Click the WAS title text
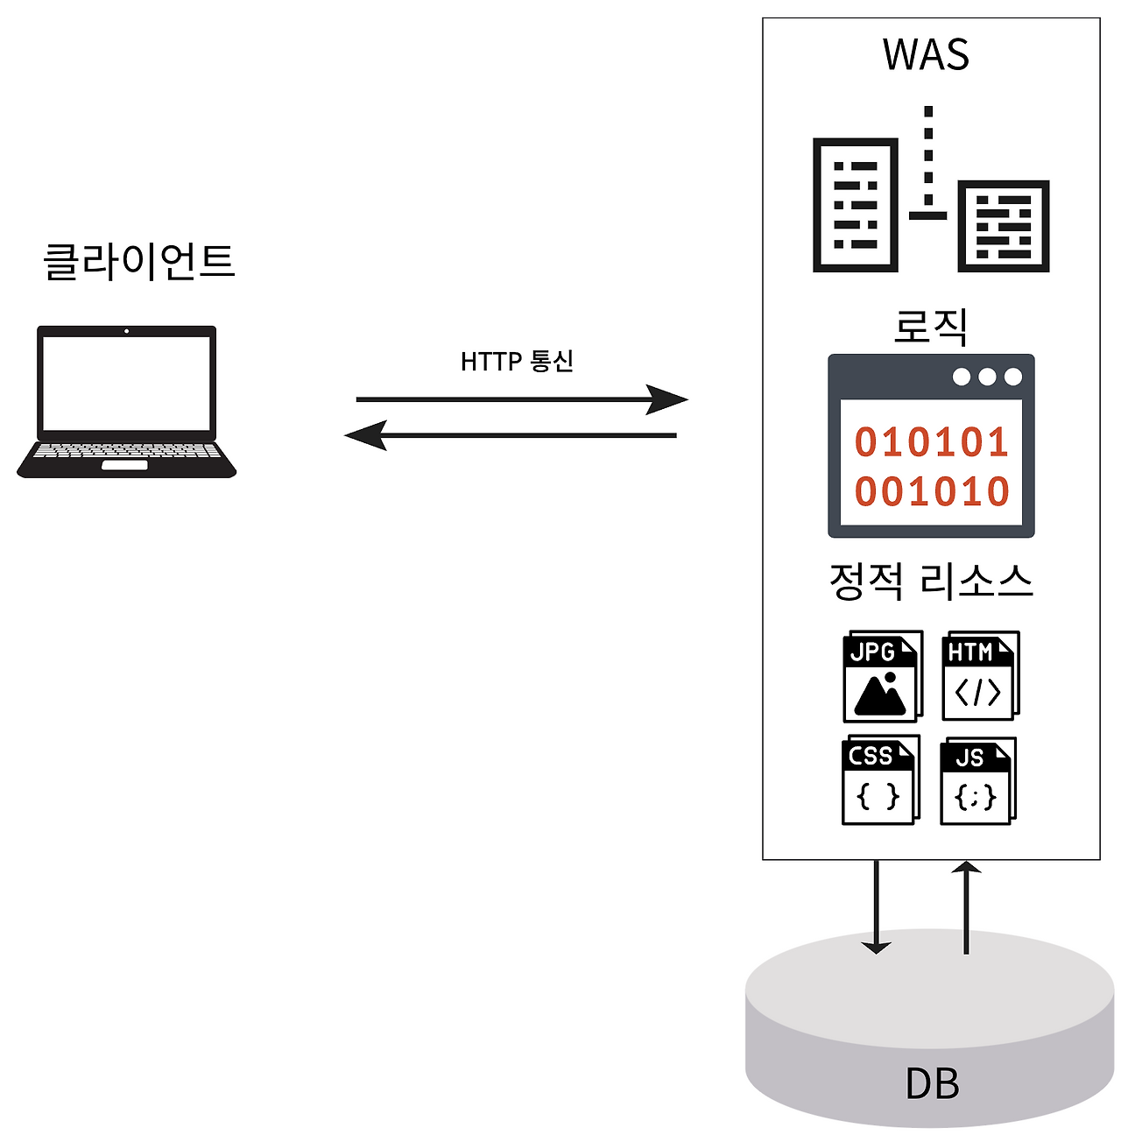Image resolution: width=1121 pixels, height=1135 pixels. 926,54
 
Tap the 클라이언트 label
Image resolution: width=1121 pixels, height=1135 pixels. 139,261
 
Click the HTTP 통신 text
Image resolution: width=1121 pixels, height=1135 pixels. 517,361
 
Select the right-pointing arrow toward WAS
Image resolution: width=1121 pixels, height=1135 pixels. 521,399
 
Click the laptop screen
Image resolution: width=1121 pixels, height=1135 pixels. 127,383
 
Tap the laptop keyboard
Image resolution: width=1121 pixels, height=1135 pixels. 127,451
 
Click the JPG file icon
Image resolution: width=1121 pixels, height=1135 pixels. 881,676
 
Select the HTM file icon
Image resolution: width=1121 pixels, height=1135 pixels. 979,675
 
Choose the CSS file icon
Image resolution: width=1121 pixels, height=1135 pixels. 879,780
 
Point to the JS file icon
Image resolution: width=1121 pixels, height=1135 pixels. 976,781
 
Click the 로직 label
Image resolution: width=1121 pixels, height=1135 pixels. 930,326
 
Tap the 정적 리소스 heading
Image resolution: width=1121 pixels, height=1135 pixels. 930,581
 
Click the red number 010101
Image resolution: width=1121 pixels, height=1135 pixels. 932,442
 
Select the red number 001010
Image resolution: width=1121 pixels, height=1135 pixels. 932,491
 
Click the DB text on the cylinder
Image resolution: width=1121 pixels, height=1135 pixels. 932,1083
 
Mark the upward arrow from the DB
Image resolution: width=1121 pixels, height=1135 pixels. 966,906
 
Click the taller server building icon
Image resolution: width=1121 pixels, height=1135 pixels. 855,205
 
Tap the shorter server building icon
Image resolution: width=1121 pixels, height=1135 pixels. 1004,226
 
